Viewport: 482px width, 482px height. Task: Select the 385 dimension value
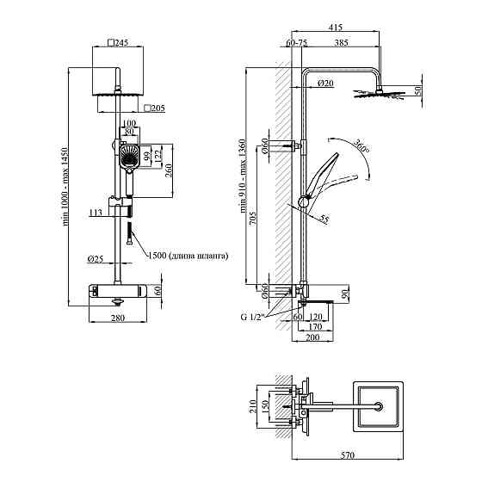(x=342, y=42)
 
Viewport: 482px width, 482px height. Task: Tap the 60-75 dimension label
(x=297, y=42)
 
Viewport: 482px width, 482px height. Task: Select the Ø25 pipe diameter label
(x=95, y=259)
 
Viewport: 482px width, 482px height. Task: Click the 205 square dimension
(x=154, y=108)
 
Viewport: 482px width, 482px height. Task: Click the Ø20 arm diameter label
(x=325, y=83)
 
